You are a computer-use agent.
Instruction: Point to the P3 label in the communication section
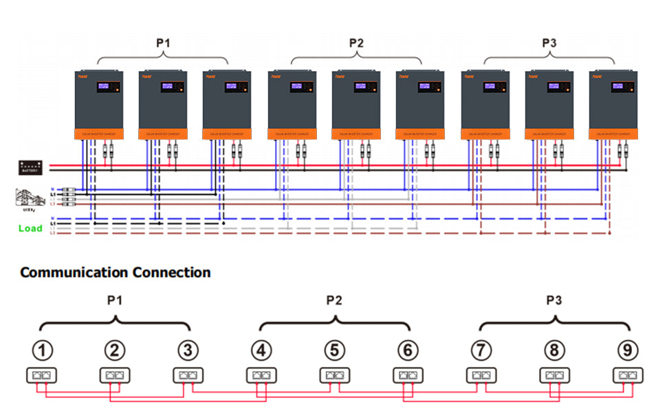(x=554, y=300)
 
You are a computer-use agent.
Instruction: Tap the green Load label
(x=30, y=228)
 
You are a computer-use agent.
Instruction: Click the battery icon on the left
(x=32, y=167)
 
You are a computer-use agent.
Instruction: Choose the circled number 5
(x=333, y=350)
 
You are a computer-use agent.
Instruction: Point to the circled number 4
(x=261, y=350)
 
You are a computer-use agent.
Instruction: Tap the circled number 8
(x=553, y=350)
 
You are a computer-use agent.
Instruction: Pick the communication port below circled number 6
(x=407, y=376)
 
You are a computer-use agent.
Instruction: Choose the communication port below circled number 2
(x=114, y=376)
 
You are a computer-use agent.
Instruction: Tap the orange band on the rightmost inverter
(x=613, y=134)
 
